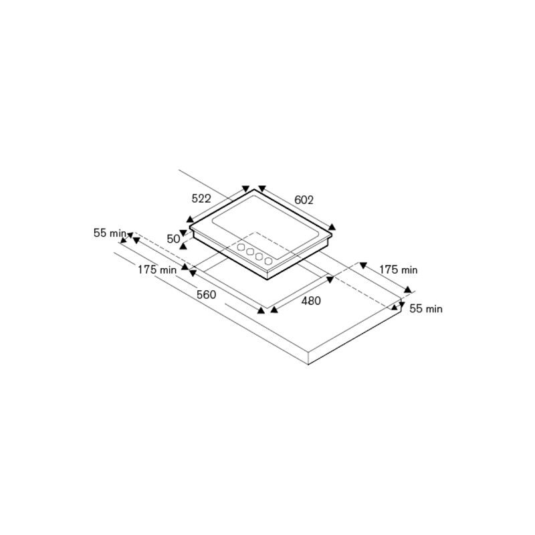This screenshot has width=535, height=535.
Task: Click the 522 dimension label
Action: [x=201, y=198]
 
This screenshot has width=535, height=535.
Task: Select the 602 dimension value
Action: [x=304, y=200]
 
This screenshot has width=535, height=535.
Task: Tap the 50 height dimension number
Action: [x=173, y=239]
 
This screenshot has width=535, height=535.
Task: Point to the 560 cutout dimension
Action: [x=207, y=294]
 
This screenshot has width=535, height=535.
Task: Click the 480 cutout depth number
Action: [x=311, y=300]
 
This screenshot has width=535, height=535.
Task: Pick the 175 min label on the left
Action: [x=157, y=270]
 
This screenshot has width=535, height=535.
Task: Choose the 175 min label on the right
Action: [x=398, y=270]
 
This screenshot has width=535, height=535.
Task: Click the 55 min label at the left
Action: [x=110, y=233]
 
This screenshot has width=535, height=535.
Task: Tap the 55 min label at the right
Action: [x=426, y=308]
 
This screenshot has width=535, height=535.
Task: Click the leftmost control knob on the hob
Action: [x=241, y=247]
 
